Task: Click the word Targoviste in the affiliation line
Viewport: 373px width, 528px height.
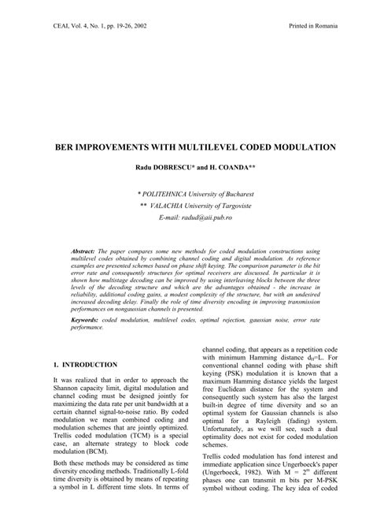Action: click(x=249, y=203)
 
